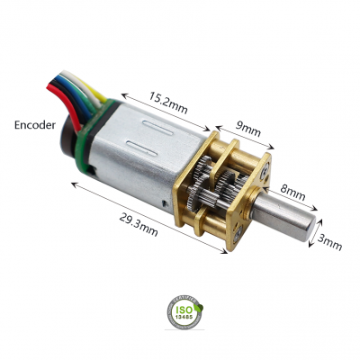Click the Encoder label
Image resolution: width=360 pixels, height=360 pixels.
[35, 125]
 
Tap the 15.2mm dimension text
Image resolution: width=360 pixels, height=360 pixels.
[168, 103]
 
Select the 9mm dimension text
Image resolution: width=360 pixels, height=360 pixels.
[247, 129]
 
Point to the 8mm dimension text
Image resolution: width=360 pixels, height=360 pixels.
[292, 193]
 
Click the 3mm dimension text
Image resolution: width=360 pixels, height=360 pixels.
[329, 242]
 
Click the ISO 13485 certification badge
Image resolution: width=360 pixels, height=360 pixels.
[184, 312]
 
